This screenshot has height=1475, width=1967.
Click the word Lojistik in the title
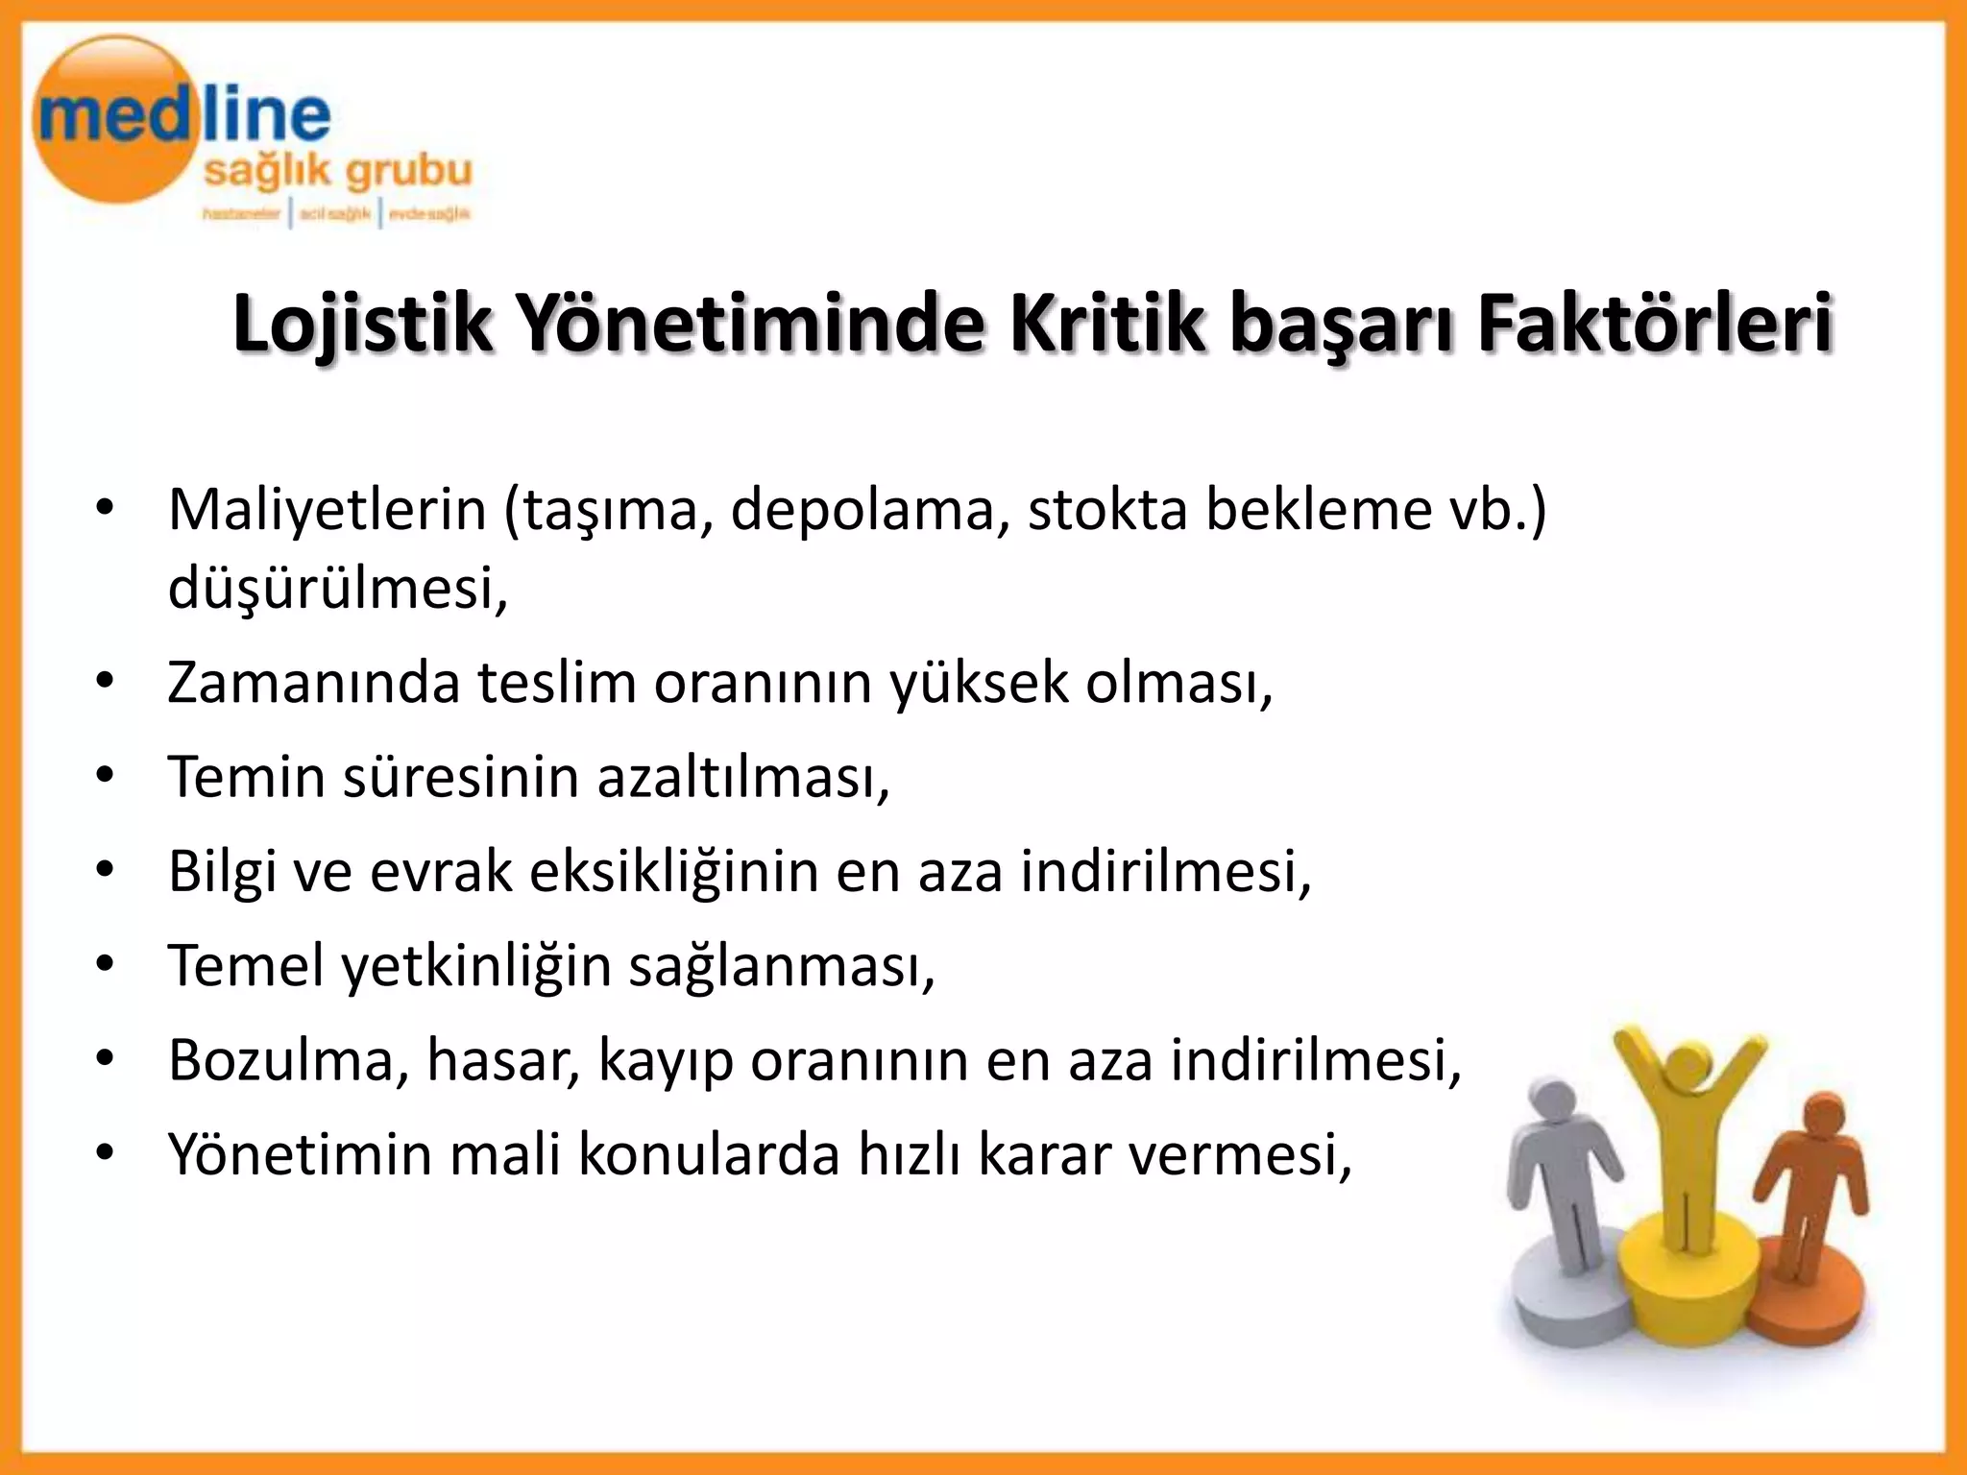tap(362, 325)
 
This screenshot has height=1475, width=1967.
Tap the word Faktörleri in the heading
tap(1655, 325)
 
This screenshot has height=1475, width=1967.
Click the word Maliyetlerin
tap(328, 509)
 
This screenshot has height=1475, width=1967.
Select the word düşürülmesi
tap(336, 588)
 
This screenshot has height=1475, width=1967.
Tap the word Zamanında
tap(313, 683)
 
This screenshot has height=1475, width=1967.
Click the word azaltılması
tap(743, 777)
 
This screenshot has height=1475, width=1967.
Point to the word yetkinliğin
tap(476, 966)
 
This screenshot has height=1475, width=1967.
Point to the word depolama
tap(870, 509)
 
